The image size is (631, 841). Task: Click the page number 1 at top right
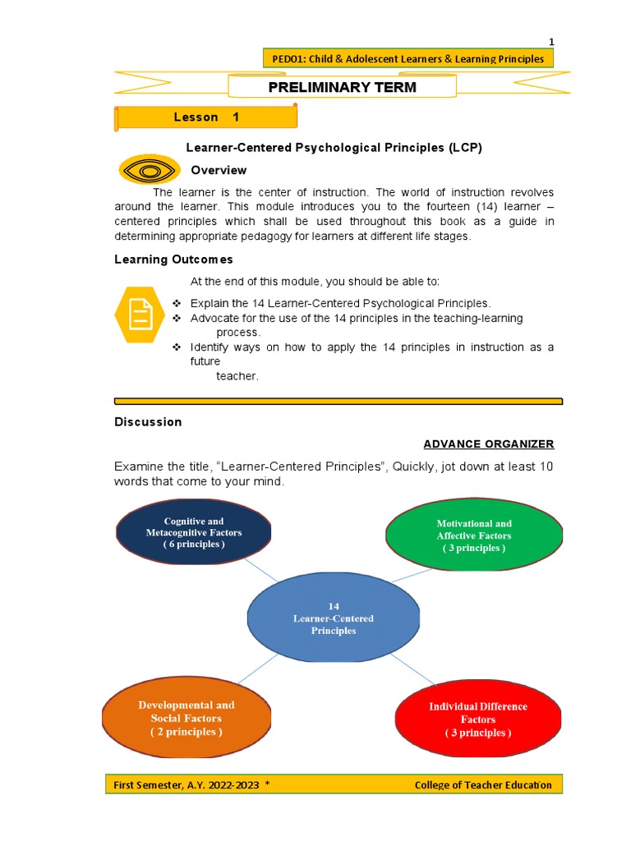click(x=552, y=42)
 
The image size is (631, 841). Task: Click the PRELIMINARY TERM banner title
click(x=342, y=87)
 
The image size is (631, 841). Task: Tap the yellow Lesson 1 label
click(x=206, y=117)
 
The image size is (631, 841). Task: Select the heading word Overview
click(x=219, y=170)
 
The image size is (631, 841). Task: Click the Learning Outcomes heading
click(x=173, y=260)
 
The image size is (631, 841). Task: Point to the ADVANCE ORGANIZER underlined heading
click(x=488, y=444)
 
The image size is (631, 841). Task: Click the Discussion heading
click(x=148, y=422)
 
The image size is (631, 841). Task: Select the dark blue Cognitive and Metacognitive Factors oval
click(x=194, y=532)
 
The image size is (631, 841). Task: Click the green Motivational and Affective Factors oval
click(x=474, y=535)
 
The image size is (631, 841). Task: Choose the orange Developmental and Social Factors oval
click(x=186, y=718)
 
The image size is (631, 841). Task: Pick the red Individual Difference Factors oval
click(x=478, y=719)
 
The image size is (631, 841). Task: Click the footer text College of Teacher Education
click(x=483, y=785)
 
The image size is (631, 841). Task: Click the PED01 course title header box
click(x=408, y=58)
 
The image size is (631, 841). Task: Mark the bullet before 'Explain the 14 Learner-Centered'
click(x=177, y=304)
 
